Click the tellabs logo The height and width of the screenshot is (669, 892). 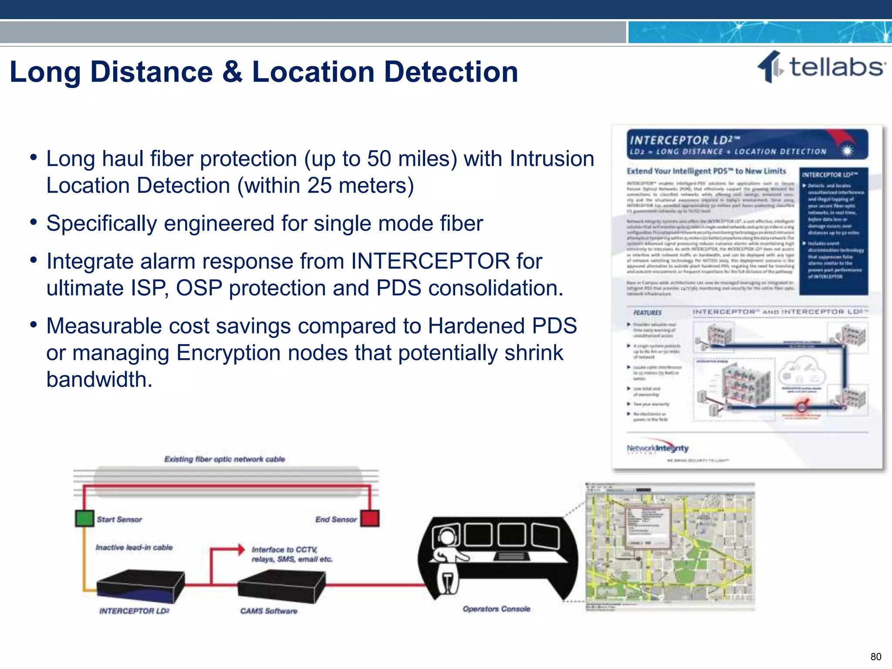(x=821, y=68)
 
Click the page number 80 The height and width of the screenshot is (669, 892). (x=875, y=656)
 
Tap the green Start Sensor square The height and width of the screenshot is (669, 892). (x=84, y=518)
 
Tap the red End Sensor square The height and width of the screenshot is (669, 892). (x=370, y=518)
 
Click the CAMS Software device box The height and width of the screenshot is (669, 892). (x=282, y=586)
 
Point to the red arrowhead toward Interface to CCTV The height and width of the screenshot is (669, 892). (x=240, y=550)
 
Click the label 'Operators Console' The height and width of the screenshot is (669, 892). (x=496, y=609)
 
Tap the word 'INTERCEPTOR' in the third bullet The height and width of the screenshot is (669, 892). (x=430, y=261)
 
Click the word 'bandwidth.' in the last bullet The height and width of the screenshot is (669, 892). (x=99, y=379)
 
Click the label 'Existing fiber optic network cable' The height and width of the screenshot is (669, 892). (x=224, y=459)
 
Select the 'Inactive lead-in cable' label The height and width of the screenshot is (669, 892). (x=134, y=547)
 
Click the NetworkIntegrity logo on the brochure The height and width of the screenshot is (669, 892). (x=657, y=449)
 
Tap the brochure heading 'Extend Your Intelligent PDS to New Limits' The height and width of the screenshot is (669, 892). (x=706, y=171)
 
